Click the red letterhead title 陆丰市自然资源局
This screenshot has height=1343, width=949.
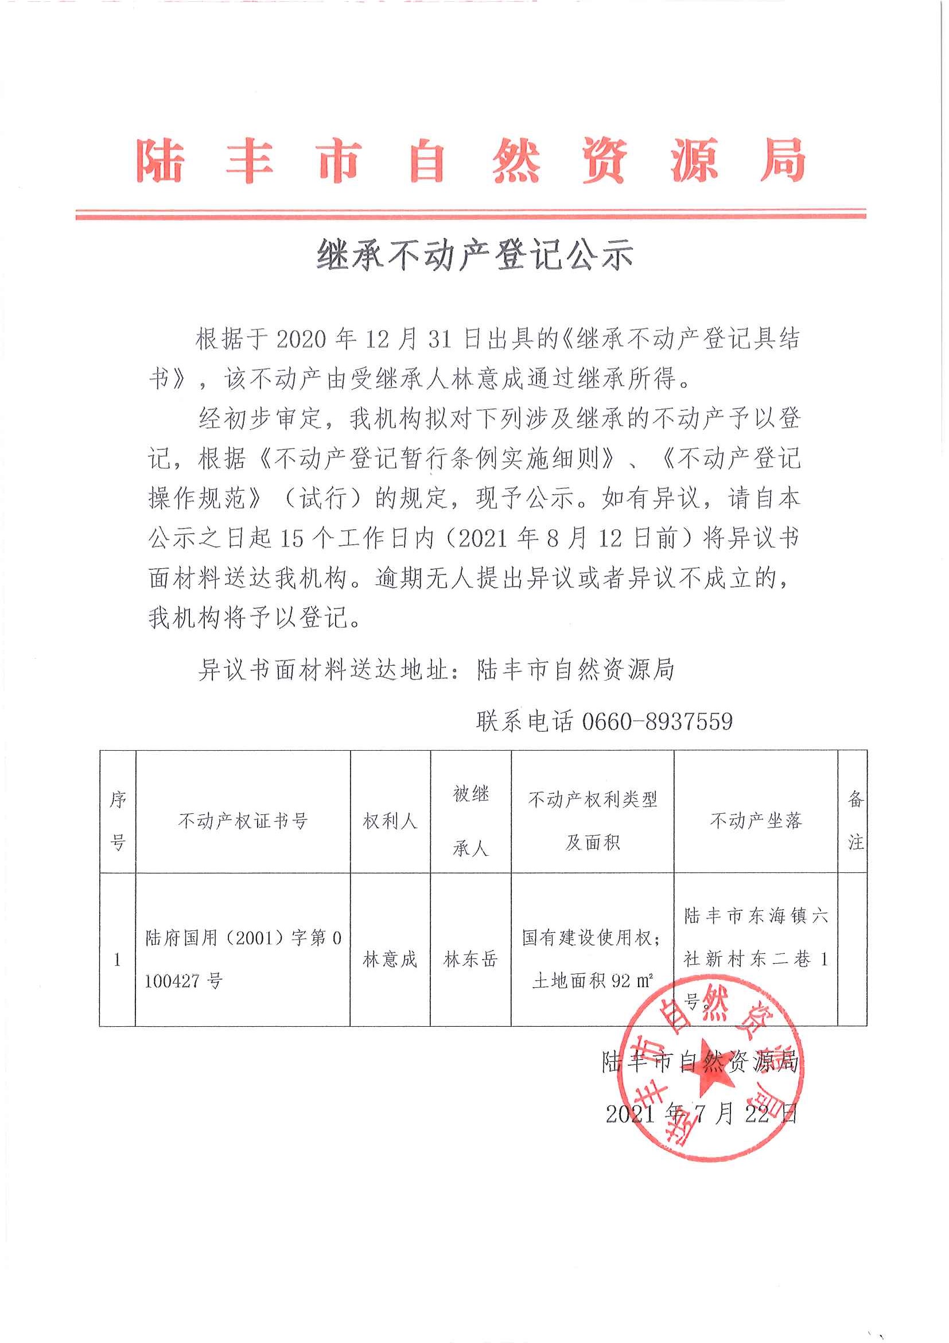tap(471, 160)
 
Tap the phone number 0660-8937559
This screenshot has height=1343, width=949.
tap(657, 721)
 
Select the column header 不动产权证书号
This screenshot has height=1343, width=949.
tap(243, 821)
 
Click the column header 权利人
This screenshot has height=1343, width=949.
tap(390, 821)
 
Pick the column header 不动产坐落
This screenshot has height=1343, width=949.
tap(756, 821)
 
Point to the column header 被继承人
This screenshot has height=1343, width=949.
tap(470, 821)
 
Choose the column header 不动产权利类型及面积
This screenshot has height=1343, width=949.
tap(592, 821)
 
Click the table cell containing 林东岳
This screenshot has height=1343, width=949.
tap(470, 960)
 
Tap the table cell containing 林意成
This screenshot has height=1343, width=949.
tap(390, 960)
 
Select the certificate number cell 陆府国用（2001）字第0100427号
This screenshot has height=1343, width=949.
tap(243, 960)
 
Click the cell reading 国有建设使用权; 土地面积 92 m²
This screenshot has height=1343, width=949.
tap(592, 960)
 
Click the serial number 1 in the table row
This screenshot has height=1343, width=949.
tap(118, 960)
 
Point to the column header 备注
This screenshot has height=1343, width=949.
tap(855, 821)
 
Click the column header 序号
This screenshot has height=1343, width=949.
tap(118, 821)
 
